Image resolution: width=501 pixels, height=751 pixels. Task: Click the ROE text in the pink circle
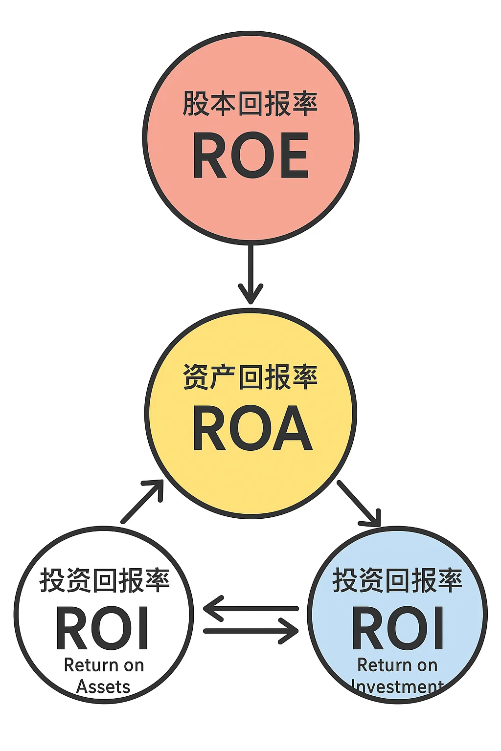pos(250,155)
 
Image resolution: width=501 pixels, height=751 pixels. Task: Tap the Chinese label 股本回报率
pos(250,104)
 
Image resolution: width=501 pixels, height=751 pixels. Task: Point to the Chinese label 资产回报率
pos(250,377)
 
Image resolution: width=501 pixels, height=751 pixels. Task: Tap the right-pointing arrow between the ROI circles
pos(250,631)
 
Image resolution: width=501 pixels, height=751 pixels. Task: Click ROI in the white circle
pos(103,629)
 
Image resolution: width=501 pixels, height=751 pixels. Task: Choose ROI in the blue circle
pos(398,629)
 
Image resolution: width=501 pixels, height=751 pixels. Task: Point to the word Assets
pos(103,687)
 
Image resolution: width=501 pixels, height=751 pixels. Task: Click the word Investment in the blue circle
pos(397,687)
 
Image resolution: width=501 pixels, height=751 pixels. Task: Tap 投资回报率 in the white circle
pos(104,580)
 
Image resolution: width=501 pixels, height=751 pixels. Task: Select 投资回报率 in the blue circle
pos(397,580)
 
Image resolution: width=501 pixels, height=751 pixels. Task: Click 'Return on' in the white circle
pos(104,665)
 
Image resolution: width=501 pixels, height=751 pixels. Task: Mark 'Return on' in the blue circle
pos(397,665)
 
